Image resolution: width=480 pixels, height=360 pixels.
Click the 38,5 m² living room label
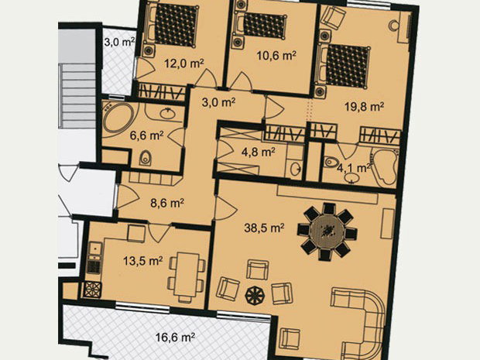point(264,228)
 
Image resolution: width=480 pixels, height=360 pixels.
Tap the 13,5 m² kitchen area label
point(142,261)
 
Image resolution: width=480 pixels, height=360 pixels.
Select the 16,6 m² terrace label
point(175,338)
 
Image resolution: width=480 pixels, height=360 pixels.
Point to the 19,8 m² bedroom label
point(365,107)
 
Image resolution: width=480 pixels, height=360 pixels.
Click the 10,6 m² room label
point(276,56)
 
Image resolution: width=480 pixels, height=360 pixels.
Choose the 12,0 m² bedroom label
point(184,63)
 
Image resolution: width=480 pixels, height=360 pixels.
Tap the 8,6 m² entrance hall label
point(167,203)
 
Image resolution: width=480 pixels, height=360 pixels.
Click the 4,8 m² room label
point(258,152)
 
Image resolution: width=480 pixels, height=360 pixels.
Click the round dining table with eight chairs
point(327,231)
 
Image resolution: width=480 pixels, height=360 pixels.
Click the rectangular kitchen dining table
point(187,276)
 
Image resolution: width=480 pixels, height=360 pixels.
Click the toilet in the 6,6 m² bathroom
point(146,159)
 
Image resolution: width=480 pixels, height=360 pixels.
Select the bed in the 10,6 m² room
point(260,26)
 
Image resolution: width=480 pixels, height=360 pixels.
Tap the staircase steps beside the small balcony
point(77,95)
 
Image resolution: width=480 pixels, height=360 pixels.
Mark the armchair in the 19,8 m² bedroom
point(334,15)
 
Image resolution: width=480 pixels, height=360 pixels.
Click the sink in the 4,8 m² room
point(296,169)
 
